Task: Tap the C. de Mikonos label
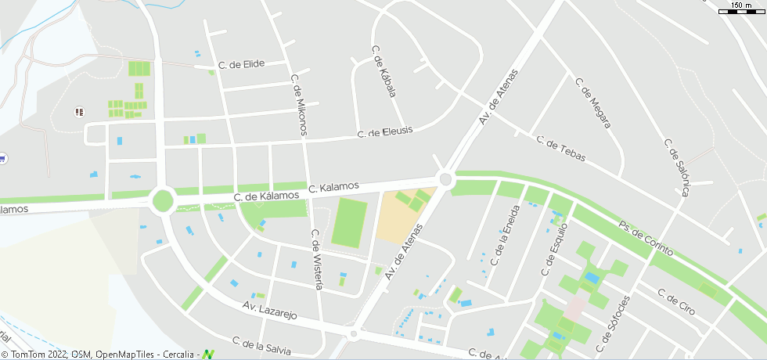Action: (x=300, y=106)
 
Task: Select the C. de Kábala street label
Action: (x=383, y=71)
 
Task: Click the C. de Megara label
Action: (x=592, y=103)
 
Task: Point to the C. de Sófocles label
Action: (x=612, y=324)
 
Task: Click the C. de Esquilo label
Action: (x=553, y=248)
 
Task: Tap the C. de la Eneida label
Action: (x=505, y=235)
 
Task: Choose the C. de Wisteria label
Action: (x=317, y=260)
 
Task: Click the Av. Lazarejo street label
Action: (x=269, y=311)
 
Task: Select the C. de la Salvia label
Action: (x=261, y=345)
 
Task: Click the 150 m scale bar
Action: (x=740, y=8)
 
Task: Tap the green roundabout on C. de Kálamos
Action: (x=163, y=200)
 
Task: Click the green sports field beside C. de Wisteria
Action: (x=349, y=223)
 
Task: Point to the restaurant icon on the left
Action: (x=78, y=113)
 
